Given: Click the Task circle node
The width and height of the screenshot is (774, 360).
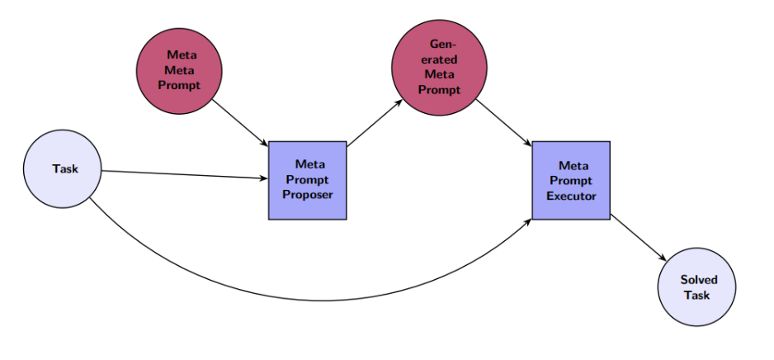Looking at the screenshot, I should [64, 169].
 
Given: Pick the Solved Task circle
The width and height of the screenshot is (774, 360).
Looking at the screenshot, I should [696, 287].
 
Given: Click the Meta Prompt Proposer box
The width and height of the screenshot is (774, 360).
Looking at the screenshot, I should [307, 180].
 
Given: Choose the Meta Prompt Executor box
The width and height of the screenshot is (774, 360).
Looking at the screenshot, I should [571, 180].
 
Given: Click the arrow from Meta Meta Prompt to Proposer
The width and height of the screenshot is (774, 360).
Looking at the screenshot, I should [239, 121].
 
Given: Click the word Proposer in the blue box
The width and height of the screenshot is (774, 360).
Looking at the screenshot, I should [307, 195].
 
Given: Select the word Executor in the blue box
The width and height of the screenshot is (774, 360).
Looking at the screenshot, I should [571, 196].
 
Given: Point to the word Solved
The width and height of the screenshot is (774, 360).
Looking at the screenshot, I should [699, 280].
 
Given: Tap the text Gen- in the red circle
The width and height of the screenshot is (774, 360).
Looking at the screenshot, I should [444, 44].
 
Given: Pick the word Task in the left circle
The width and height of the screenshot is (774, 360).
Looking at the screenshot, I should [65, 169].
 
